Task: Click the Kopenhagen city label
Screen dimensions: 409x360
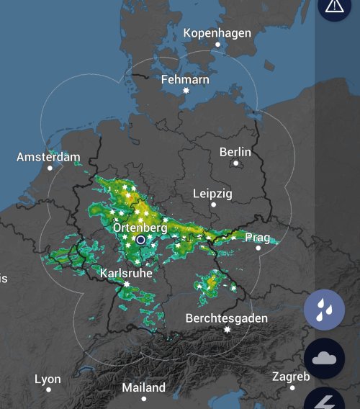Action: [x=217, y=33]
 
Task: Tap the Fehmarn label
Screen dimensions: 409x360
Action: [x=186, y=79]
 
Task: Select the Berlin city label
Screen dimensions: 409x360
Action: [x=235, y=152]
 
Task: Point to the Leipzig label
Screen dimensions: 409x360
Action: [x=213, y=194]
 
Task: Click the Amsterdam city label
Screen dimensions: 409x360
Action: [x=48, y=157]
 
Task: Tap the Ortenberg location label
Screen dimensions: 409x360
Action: [x=140, y=228]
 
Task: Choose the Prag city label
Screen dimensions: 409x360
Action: [x=257, y=237]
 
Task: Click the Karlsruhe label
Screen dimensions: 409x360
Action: [x=126, y=274]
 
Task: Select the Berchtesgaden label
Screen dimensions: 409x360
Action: [x=227, y=318]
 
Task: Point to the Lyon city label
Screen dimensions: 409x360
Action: [x=48, y=379]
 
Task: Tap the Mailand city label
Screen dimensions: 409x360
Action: [x=143, y=387]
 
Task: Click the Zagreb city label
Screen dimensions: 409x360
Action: [x=291, y=377]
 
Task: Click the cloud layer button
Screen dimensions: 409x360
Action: [x=325, y=358]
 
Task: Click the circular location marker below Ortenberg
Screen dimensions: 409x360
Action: [x=141, y=240]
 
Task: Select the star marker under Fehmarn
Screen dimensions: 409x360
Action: [x=186, y=91]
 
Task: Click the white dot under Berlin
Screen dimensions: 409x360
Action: [x=235, y=163]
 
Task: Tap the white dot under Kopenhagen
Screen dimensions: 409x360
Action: [x=217, y=45]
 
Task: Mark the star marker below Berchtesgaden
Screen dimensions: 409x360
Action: [x=227, y=330]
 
